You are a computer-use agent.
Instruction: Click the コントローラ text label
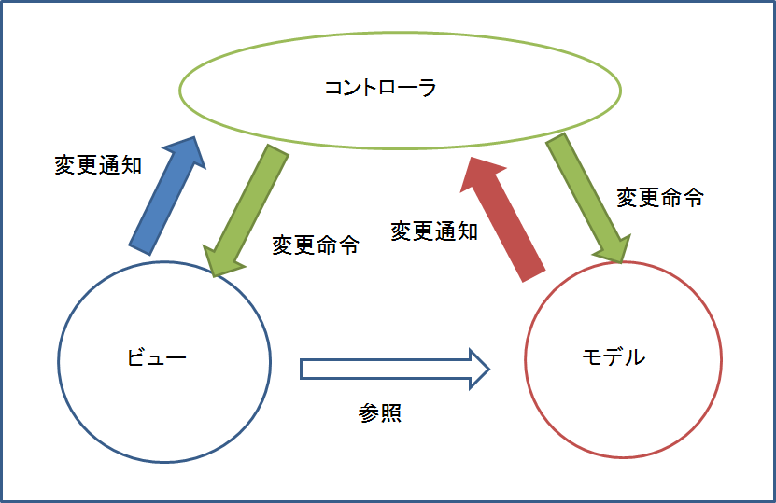(x=380, y=89)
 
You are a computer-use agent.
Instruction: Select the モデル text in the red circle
(x=613, y=357)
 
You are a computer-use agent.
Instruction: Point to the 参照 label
(x=380, y=412)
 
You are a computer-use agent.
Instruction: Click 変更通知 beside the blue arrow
(x=98, y=164)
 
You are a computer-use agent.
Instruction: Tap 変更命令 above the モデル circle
(x=660, y=197)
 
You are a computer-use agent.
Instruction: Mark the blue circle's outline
(x=59, y=361)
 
